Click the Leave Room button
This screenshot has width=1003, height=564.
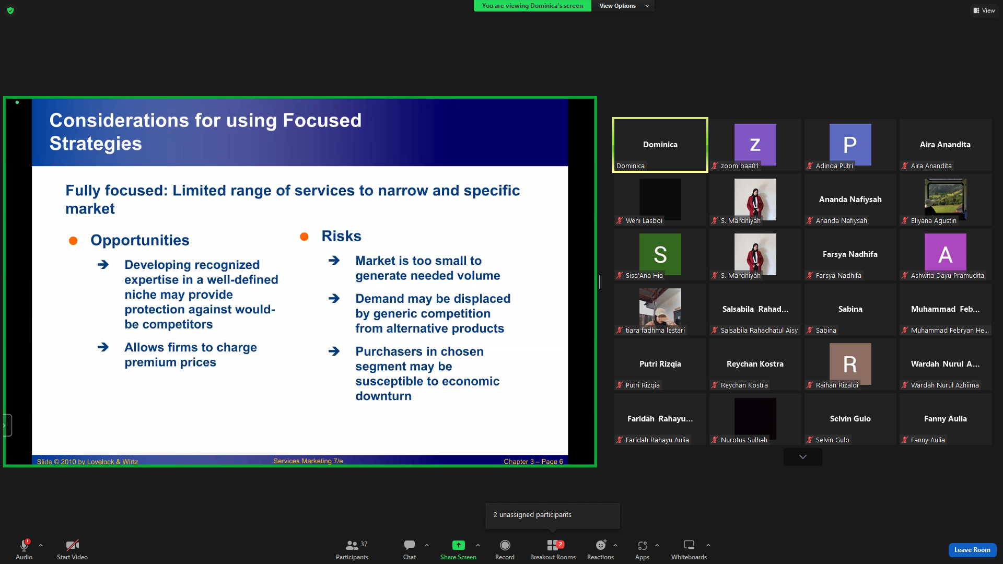pos(972,550)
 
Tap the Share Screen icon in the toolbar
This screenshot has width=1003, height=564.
pos(458,545)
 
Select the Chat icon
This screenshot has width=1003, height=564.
pos(410,545)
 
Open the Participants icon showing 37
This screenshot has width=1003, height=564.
pos(352,545)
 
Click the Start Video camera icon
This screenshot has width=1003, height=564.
pos(72,545)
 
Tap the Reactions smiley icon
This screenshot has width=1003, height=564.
pos(601,545)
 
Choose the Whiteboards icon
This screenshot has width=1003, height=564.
pos(689,545)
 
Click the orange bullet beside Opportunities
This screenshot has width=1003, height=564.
pos(73,241)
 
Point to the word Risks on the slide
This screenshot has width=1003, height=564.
pos(341,236)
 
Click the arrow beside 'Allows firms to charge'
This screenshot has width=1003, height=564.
pos(103,347)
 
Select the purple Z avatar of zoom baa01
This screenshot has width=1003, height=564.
pos(755,145)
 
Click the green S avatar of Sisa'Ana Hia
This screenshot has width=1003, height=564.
pos(660,254)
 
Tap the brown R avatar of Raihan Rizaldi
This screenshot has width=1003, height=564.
pos(850,364)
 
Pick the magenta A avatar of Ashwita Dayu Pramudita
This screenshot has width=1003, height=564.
pos(945,254)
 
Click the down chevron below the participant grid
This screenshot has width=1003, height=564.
pos(803,457)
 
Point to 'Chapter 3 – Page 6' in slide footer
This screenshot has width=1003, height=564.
pos(533,461)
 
